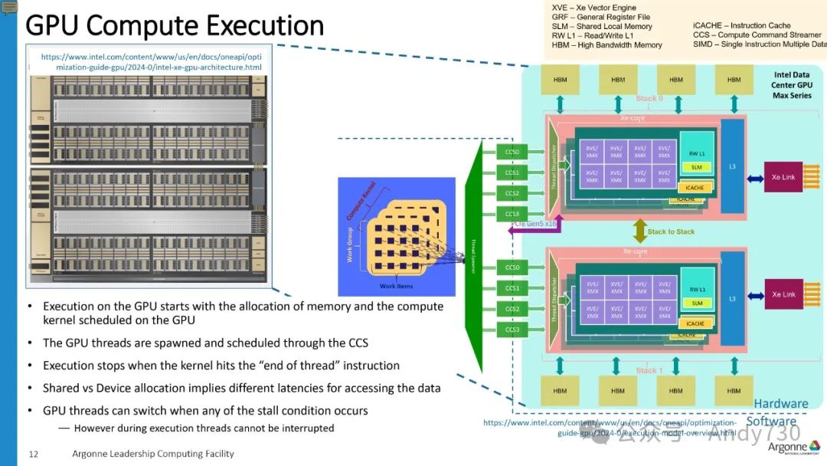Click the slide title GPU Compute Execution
[x=175, y=26]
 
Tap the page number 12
[x=33, y=454]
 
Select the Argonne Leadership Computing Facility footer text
[x=153, y=454]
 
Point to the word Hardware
[x=780, y=404]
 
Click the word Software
[x=770, y=421]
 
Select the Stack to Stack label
[x=671, y=231]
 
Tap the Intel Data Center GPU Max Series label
[x=791, y=86]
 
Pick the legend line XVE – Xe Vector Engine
[x=593, y=8]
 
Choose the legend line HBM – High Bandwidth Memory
[x=606, y=45]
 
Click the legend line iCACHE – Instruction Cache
[x=742, y=25]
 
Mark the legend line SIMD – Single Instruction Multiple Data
[x=759, y=44]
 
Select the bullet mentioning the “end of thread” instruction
[x=221, y=366]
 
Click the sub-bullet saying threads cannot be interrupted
[x=204, y=428]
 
